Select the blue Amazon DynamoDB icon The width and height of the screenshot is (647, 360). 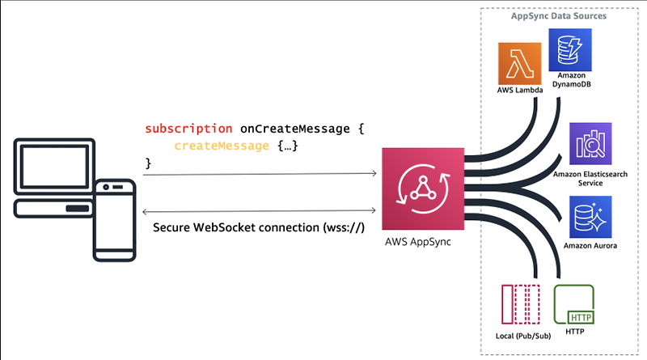point(568,48)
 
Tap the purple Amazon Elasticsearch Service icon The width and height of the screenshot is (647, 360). point(590,145)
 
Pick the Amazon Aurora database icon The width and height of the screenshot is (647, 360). point(590,217)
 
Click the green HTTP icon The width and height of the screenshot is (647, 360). point(575,304)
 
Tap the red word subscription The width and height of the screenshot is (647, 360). point(189,129)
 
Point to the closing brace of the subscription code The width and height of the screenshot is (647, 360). point(148,163)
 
